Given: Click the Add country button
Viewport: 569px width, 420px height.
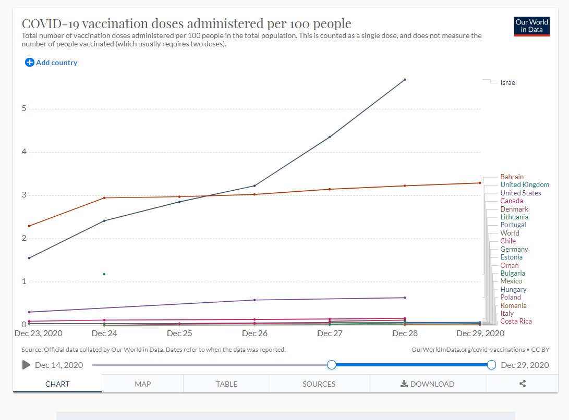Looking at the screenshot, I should pyautogui.click(x=51, y=63).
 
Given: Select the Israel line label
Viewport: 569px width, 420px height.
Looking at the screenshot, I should pyautogui.click(x=508, y=82).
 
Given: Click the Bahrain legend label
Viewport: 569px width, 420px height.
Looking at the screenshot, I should pyautogui.click(x=512, y=177).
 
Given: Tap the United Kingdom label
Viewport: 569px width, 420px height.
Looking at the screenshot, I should pyautogui.click(x=524, y=184).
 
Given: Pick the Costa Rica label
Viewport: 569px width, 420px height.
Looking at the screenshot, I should pyautogui.click(x=516, y=321).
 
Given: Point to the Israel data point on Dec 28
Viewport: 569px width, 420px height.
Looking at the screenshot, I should pyautogui.click(x=405, y=80).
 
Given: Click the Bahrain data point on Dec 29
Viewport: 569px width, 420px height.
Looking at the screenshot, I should pyautogui.click(x=480, y=183).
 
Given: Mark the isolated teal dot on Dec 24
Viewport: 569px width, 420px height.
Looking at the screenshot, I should pyautogui.click(x=104, y=274).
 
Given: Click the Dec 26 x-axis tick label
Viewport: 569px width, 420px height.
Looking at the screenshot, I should pyautogui.click(x=255, y=333).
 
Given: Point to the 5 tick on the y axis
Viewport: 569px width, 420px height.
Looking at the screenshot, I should pyautogui.click(x=23, y=108).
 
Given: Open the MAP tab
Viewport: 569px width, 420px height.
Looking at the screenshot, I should pyautogui.click(x=142, y=384).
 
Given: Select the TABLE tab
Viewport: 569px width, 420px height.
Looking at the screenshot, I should pyautogui.click(x=226, y=384).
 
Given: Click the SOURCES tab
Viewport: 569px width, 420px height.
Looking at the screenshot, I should pyautogui.click(x=319, y=384).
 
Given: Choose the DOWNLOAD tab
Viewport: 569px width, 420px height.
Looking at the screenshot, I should pyautogui.click(x=427, y=384).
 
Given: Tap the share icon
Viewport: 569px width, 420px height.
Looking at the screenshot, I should pyautogui.click(x=523, y=384).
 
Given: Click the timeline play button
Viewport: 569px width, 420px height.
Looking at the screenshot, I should pyautogui.click(x=26, y=365).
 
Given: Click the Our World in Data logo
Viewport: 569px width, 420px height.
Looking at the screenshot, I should pyautogui.click(x=531, y=26).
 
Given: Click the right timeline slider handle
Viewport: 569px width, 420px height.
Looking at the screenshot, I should pyautogui.click(x=491, y=365).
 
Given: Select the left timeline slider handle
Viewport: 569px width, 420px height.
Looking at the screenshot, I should pyautogui.click(x=331, y=365).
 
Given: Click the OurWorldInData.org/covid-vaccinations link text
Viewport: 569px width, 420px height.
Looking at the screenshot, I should pyautogui.click(x=468, y=350).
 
